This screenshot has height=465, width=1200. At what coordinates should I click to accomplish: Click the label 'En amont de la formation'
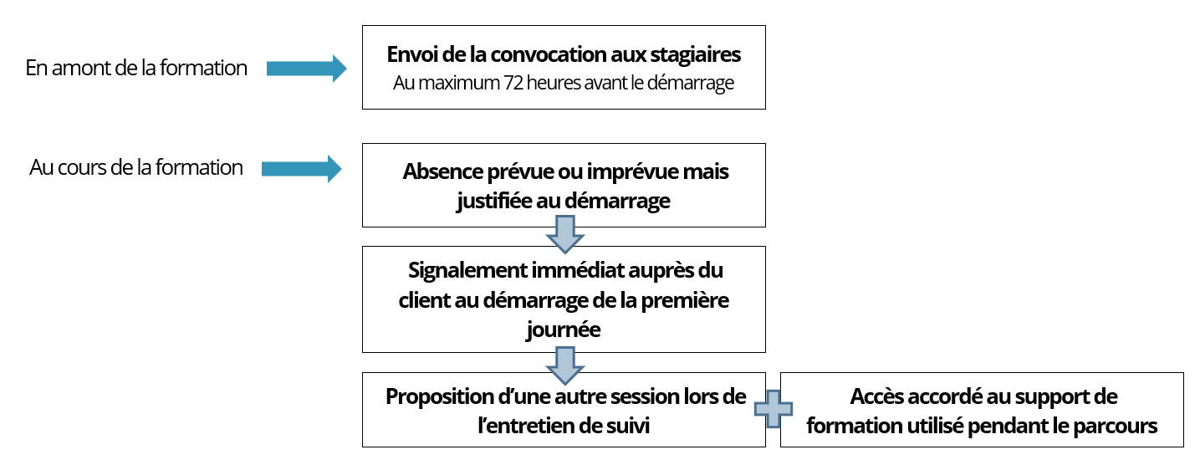point(136,69)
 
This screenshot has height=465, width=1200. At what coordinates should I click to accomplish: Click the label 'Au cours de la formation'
point(136,167)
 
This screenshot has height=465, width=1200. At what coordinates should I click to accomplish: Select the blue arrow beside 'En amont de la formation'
point(306,69)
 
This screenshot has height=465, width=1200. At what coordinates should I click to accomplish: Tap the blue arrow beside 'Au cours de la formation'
point(302,169)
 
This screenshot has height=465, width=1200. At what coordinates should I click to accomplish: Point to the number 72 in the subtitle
point(513,83)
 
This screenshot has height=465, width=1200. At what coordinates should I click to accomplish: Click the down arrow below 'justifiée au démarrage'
point(564,235)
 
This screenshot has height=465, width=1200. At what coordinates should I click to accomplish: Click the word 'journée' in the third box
point(563,330)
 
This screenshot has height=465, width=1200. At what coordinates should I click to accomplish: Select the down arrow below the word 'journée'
point(564,365)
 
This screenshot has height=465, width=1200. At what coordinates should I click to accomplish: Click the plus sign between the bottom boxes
point(773,409)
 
